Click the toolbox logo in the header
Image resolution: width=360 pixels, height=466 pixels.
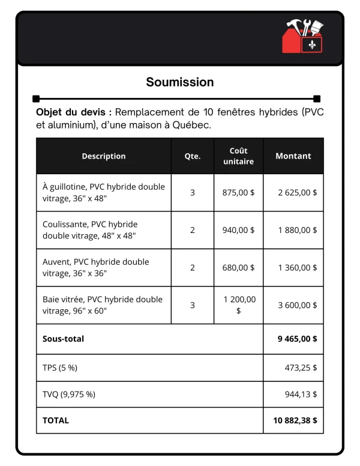click(304, 37)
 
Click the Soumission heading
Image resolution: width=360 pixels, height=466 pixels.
click(180, 82)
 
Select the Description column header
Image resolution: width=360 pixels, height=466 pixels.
click(104, 156)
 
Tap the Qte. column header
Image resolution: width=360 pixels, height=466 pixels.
click(193, 156)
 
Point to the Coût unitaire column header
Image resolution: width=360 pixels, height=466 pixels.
click(238, 156)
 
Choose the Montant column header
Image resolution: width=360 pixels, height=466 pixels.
click(293, 156)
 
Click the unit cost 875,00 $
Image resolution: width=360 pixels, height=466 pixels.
click(238, 193)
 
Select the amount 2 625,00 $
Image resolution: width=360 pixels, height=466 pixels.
click(298, 193)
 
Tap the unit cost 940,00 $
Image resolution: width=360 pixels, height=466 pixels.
click(238, 230)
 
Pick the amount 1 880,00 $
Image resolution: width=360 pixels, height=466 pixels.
click(298, 230)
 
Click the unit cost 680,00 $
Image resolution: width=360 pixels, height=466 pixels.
click(238, 267)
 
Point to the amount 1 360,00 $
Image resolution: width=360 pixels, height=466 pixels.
click(298, 267)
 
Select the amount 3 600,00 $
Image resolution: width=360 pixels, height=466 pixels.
click(298, 305)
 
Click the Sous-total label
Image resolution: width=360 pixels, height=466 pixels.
click(63, 339)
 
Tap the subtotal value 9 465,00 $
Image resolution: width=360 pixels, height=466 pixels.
click(298, 339)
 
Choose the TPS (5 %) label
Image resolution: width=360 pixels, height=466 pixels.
click(60, 368)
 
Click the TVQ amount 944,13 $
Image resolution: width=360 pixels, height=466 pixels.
click(301, 395)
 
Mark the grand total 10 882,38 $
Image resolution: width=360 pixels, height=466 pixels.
click(295, 420)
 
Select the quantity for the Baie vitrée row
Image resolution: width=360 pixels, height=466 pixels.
click(193, 305)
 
